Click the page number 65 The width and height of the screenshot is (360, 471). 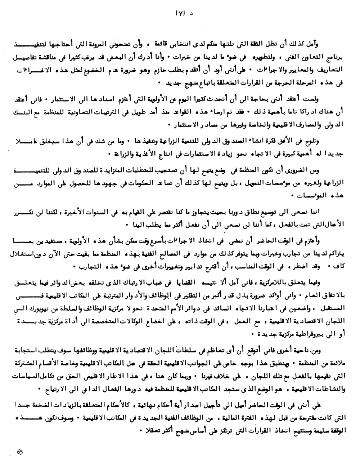pos(20,452)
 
